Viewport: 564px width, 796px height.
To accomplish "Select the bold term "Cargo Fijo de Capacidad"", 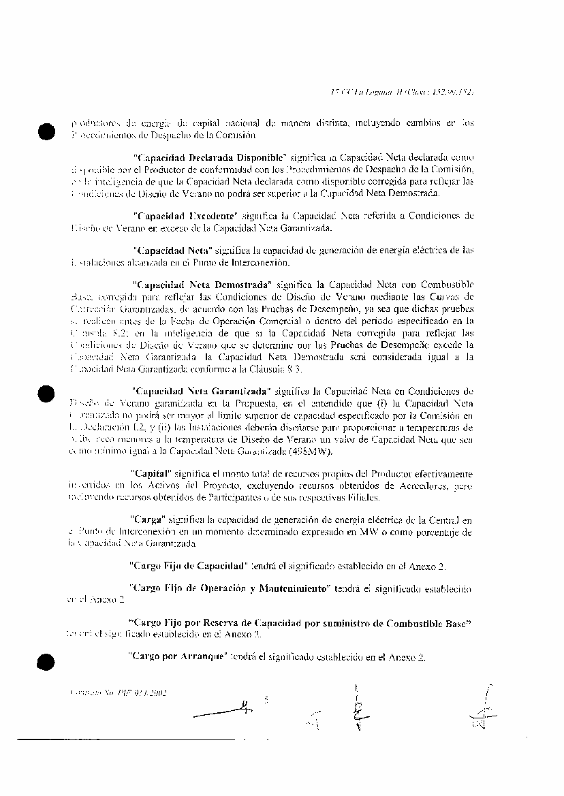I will (187, 565).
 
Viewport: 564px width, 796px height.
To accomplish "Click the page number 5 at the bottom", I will (266, 699).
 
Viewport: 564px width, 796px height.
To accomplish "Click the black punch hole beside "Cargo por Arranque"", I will (47, 661).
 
